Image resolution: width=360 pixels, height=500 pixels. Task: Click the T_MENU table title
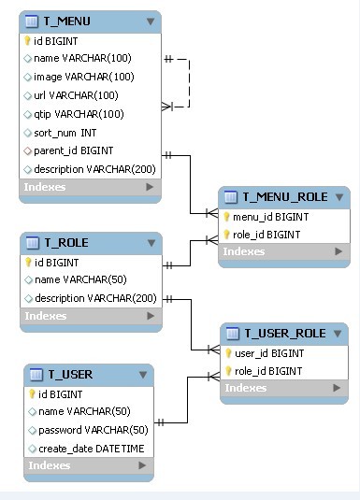coord(66,21)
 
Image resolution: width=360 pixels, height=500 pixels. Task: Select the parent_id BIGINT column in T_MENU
coord(74,150)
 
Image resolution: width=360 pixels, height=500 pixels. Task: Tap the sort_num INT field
coord(65,133)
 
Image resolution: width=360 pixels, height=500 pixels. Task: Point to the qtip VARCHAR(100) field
coord(79,114)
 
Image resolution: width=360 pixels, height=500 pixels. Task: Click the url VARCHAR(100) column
coord(76,95)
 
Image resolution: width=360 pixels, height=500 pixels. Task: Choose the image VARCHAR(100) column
coord(84,77)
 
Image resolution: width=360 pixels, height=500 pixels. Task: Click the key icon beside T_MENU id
coord(27,41)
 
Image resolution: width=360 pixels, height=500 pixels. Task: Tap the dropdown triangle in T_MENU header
coord(151,21)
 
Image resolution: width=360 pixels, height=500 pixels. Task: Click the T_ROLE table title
coord(66,243)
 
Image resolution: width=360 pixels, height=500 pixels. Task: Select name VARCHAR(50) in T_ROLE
coord(80,279)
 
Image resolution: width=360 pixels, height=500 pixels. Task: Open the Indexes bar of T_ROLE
coord(91,316)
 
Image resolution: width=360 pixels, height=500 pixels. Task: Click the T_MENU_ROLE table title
coord(285,197)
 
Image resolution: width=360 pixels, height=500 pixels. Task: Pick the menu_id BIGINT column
coord(270,217)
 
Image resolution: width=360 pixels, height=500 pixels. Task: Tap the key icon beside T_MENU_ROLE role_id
coord(226,235)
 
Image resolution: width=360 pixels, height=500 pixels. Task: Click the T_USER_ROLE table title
coord(285,334)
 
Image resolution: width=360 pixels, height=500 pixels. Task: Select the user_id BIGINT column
coord(269,353)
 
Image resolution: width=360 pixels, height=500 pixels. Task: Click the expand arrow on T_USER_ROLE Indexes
coord(337,388)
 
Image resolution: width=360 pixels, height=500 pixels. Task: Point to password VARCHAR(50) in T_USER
coord(94,430)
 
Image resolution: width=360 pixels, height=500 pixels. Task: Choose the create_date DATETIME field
coord(92,449)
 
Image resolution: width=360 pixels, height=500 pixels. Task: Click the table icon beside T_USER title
coord(36,375)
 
